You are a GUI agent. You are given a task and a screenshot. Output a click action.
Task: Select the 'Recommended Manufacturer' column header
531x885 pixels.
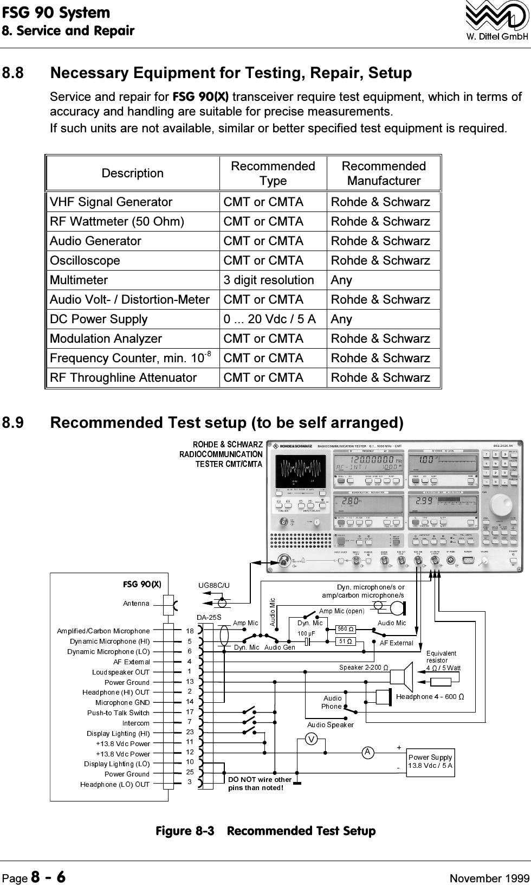point(383,173)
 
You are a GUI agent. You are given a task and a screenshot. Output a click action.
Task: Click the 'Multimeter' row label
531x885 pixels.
point(79,280)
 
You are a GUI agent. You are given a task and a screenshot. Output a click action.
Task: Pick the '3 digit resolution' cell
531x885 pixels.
point(269,280)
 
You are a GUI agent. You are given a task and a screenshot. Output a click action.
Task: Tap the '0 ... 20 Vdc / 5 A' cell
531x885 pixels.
point(270,319)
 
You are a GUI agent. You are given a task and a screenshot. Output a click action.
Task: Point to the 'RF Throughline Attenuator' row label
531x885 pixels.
point(123,377)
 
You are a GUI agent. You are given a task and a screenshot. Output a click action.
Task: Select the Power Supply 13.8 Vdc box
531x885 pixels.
point(430,761)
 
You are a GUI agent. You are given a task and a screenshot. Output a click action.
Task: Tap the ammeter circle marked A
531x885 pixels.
point(368,752)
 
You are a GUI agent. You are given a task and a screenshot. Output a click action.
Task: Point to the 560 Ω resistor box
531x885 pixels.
point(345,629)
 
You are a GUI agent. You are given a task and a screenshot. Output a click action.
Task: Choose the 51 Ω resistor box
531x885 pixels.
point(345,642)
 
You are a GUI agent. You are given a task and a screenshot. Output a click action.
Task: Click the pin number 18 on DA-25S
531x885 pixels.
point(190,631)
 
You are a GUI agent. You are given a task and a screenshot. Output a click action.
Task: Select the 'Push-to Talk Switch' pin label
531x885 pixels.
point(118,713)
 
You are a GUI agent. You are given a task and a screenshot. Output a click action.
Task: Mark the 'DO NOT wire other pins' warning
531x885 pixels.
point(260,784)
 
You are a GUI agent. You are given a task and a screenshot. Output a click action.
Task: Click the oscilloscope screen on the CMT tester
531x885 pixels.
point(300,470)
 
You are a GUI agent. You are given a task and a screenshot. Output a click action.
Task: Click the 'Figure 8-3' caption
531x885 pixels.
point(265,831)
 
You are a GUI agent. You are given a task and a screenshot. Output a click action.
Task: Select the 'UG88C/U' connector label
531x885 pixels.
point(214,585)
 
